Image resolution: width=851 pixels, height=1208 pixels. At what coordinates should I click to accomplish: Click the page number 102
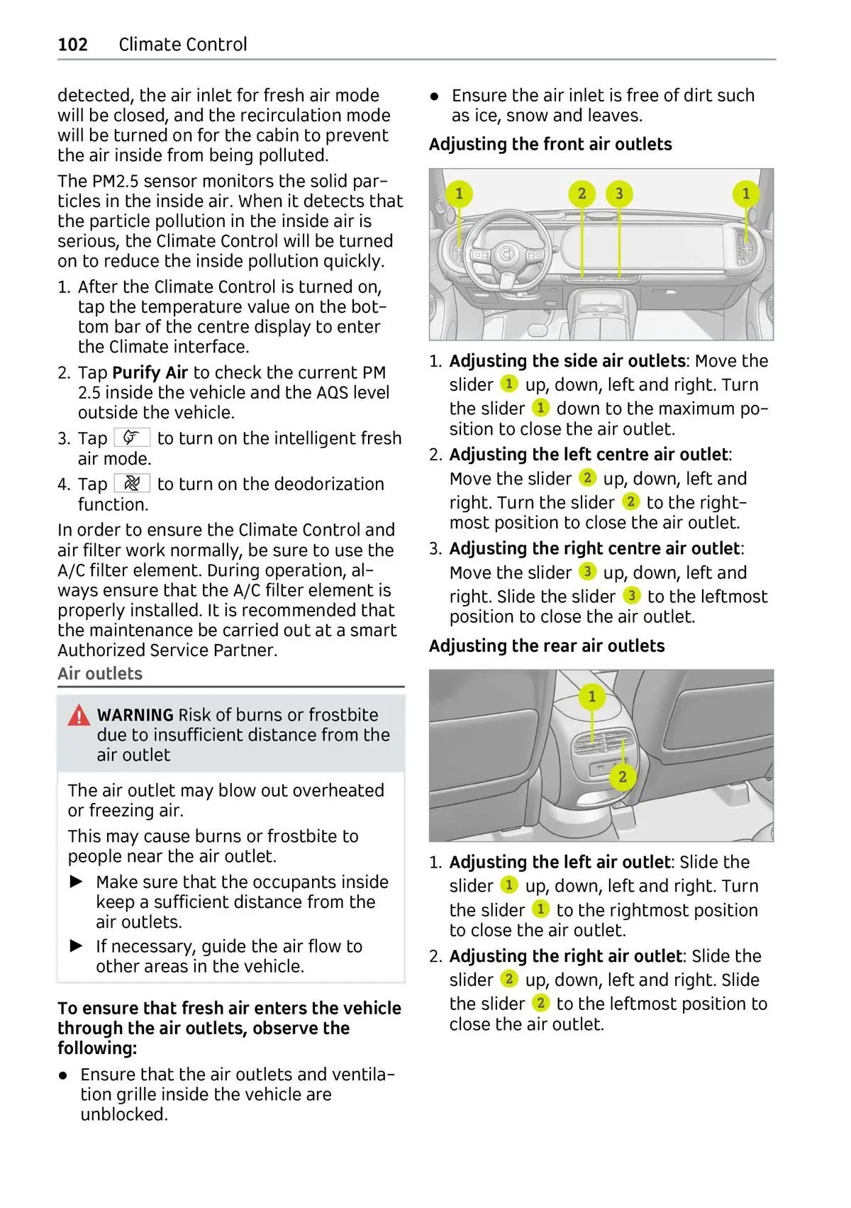(72, 45)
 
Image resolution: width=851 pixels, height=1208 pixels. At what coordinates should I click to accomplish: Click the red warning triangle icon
(79, 716)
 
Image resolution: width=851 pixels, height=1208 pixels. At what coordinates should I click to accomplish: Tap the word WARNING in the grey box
(135, 715)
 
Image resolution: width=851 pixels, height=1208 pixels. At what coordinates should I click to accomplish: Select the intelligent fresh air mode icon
(132, 438)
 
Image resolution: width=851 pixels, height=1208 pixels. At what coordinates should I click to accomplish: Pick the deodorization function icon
(132, 484)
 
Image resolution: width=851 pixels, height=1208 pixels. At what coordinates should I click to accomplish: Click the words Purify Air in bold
(150, 372)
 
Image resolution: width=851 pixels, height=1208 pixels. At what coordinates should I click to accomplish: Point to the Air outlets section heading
(100, 674)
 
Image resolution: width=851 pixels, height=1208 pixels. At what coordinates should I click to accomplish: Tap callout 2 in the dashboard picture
(582, 194)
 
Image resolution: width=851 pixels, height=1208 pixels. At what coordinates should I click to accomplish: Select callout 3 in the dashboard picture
(619, 194)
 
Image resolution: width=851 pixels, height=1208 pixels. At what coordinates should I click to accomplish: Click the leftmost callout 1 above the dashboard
(459, 194)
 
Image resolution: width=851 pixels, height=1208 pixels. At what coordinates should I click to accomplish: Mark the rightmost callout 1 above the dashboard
(745, 194)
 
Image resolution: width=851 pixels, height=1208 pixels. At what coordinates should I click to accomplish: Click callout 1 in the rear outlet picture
(592, 697)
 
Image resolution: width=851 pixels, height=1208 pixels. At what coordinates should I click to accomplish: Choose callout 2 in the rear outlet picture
(622, 777)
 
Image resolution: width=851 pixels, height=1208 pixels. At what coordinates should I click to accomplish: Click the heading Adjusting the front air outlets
(550, 144)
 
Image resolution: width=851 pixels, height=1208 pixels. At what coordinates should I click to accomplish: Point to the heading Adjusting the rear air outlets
(547, 645)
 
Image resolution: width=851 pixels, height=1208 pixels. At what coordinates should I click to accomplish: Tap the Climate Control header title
(183, 45)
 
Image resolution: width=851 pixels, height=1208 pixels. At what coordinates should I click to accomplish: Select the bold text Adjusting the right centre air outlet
(594, 548)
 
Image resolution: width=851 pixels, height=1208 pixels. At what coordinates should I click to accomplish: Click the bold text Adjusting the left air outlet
(559, 862)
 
